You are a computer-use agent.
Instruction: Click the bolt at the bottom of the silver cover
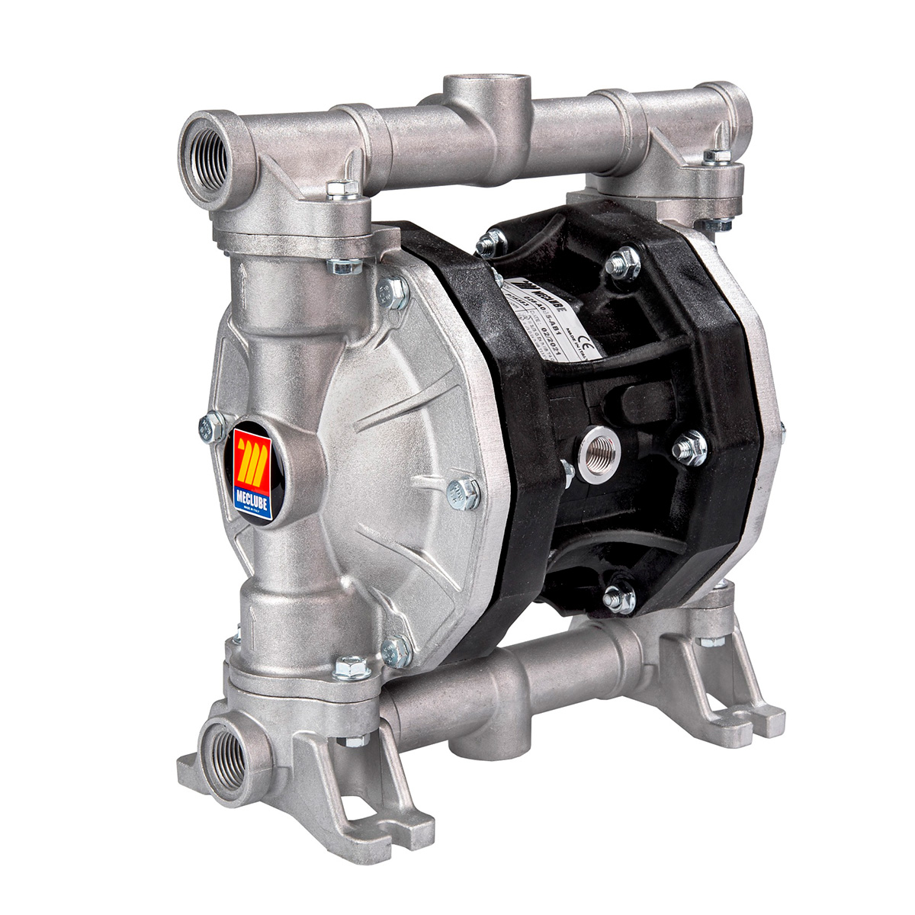[396, 651]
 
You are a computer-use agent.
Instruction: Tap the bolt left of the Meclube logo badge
[211, 427]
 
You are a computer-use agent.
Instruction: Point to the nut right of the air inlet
[691, 447]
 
